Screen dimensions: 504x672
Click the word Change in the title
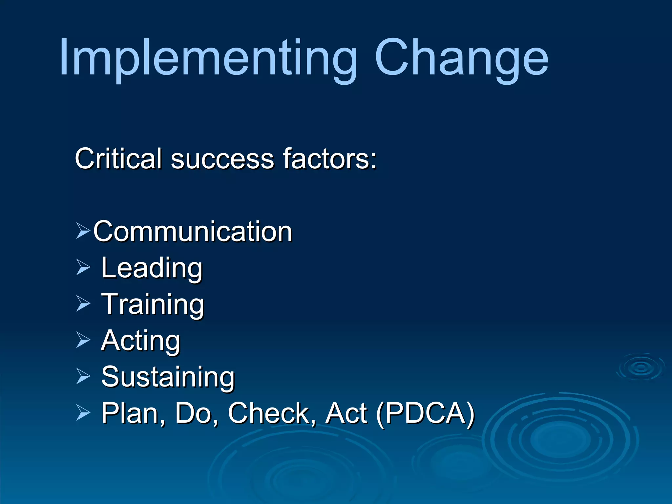tap(461, 59)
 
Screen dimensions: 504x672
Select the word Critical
tap(118, 159)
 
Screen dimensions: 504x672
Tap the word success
tap(222, 159)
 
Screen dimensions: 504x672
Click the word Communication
tap(193, 232)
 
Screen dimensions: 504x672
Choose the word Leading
tap(152, 268)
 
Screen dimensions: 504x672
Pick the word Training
tap(153, 304)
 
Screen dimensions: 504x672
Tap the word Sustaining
tap(168, 377)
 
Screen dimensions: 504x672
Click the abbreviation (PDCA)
tap(425, 413)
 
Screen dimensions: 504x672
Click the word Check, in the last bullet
tap(272, 413)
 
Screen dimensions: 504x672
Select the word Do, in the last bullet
tap(196, 413)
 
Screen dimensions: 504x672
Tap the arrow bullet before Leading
tap(83, 267)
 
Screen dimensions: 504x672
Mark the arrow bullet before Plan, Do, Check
tap(83, 412)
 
